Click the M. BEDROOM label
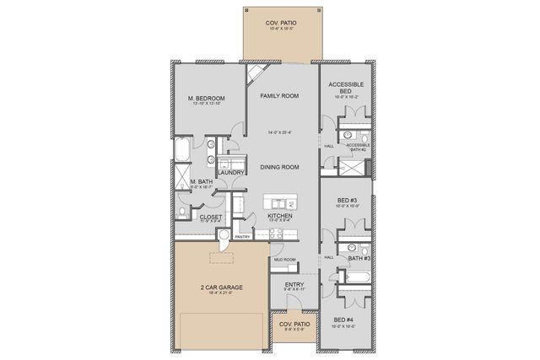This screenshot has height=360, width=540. point(206,99)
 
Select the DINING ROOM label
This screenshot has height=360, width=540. point(279,168)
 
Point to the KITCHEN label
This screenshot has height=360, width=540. point(279,216)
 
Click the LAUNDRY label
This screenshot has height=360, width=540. point(230,173)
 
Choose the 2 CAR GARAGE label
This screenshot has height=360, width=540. point(221,287)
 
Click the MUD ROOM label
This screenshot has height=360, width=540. point(283,260)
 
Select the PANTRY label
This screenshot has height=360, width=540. point(243,237)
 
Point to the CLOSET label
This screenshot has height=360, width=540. point(210,216)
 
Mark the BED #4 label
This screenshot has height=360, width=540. point(344,320)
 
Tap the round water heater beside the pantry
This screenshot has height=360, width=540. point(223,238)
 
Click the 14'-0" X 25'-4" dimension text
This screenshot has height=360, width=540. point(279,132)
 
